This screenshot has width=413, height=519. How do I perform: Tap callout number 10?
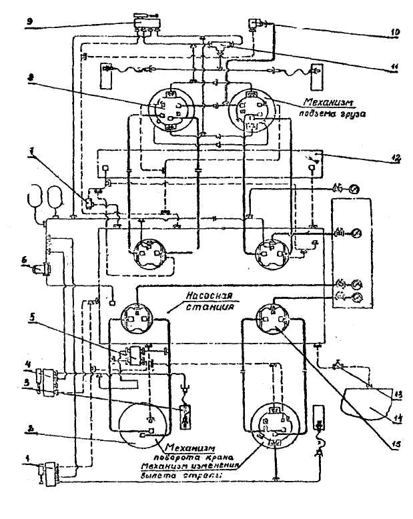pyautogui.click(x=395, y=31)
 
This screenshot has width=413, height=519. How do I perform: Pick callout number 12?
pyautogui.click(x=396, y=159)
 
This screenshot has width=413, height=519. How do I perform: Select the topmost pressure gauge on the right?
pyautogui.click(x=354, y=190)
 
